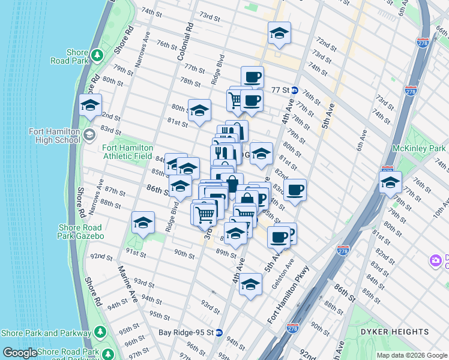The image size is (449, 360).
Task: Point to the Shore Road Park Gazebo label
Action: (82, 232)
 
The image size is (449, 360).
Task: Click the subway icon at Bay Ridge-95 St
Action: (219, 332)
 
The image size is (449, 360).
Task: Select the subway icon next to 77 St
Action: (295, 90)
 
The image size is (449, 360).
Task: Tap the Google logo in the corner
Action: (20, 353)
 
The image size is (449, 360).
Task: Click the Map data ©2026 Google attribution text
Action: (411, 355)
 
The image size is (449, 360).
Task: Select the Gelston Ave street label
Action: (283, 273)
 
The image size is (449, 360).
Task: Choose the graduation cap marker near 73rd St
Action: (279, 34)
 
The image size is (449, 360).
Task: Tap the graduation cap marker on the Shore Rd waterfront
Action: (90, 106)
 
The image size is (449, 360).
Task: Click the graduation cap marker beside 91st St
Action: (143, 223)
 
